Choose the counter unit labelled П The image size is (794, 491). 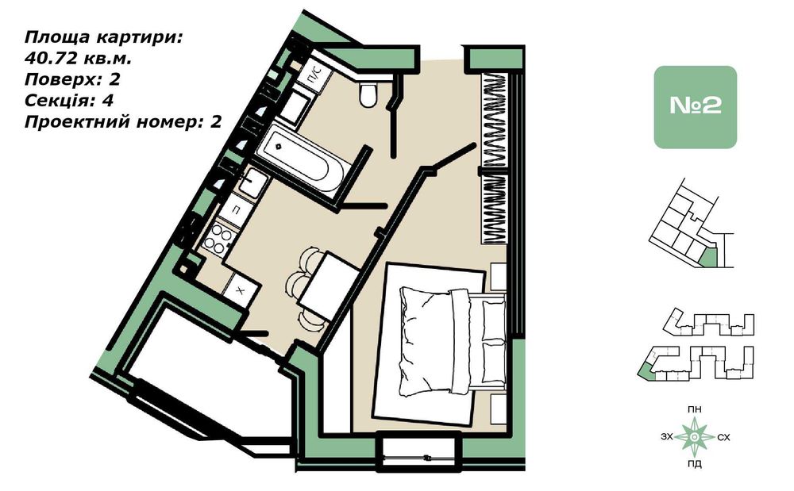(x=236, y=209)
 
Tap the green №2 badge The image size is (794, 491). (x=695, y=107)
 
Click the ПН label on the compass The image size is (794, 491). (x=695, y=409)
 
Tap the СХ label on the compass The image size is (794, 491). (x=723, y=437)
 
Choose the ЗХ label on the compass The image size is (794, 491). (x=665, y=437)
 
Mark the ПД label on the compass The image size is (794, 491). (x=695, y=464)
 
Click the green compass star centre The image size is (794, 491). (x=695, y=436)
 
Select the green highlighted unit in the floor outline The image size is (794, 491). (x=711, y=257)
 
